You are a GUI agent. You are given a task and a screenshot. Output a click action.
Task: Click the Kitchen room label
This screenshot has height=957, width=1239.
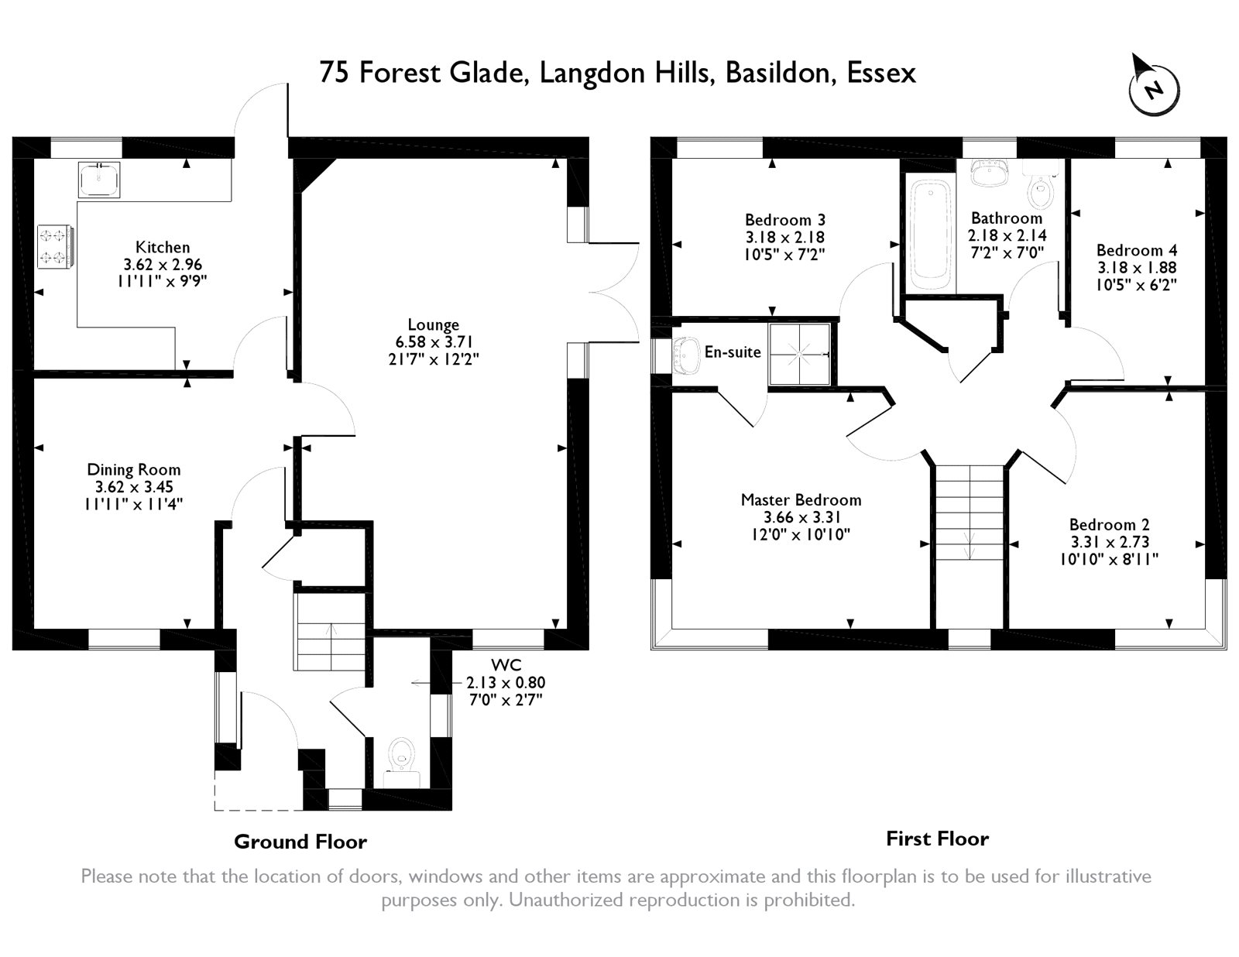click(x=163, y=247)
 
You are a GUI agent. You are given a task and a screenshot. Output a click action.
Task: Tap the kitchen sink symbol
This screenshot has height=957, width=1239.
click(x=99, y=179)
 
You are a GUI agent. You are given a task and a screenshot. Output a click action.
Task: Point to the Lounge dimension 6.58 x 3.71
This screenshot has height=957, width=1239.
click(x=434, y=342)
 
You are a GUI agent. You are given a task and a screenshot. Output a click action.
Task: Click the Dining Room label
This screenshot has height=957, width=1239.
click(x=133, y=470)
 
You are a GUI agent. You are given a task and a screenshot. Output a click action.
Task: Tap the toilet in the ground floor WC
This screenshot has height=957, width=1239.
click(x=402, y=762)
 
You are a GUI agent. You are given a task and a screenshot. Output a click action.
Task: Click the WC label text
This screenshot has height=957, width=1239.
click(x=506, y=665)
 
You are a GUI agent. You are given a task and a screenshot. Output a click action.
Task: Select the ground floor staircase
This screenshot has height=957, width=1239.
click(x=330, y=632)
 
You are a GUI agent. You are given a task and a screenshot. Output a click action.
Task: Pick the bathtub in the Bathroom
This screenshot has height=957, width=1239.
click(x=931, y=235)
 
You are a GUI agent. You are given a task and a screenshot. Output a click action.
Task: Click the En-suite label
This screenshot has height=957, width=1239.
click(x=733, y=352)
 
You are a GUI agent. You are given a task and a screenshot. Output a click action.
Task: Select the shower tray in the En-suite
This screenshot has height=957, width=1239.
click(x=799, y=354)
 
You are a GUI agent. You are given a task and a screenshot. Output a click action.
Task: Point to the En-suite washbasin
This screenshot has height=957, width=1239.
click(x=687, y=355)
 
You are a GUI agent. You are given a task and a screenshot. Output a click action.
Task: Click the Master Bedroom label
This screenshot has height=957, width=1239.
click(x=801, y=500)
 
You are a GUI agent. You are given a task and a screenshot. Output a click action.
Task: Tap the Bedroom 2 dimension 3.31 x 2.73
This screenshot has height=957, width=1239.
click(x=1110, y=541)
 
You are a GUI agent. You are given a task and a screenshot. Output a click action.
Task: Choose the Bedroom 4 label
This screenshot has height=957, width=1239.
click(x=1137, y=250)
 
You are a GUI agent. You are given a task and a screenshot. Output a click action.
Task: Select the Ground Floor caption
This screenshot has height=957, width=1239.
click(x=300, y=842)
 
